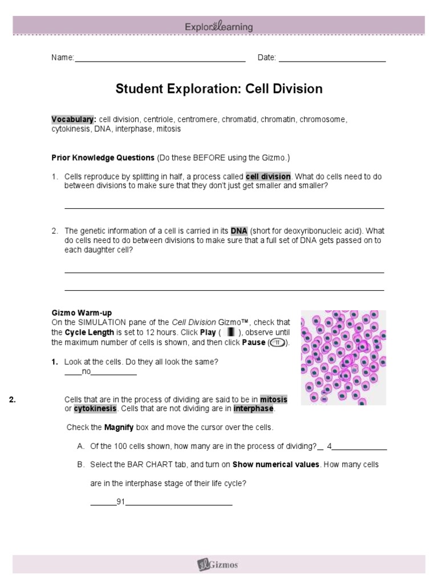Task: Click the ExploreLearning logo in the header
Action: pos(218,27)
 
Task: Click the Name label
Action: pos(63,58)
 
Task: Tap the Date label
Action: pos(266,58)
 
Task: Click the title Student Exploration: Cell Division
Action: pos(219,89)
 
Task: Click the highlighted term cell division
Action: pos(267,176)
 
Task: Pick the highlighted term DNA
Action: pos(238,231)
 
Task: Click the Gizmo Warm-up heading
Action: pos(82,313)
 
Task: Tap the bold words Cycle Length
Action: pos(89,332)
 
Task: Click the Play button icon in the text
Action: pos(231,332)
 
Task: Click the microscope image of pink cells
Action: pos(343,357)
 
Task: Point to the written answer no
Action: pos(87,371)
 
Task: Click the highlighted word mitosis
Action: pos(273,399)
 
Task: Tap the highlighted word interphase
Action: pos(254,409)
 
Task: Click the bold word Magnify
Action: pos(119,427)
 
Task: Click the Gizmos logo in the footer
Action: pos(218,565)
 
